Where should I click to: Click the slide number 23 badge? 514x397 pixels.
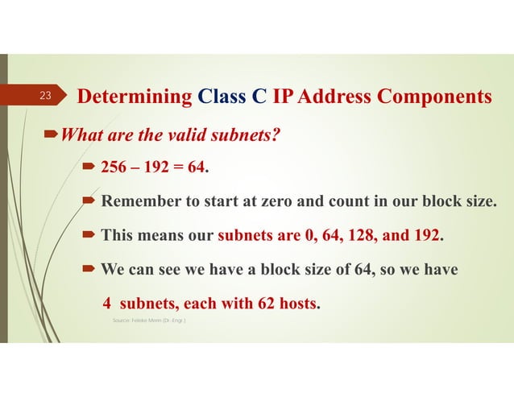pos(46,97)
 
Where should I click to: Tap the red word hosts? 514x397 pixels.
pos(296,304)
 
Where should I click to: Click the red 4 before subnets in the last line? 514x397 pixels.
pos(106,304)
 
